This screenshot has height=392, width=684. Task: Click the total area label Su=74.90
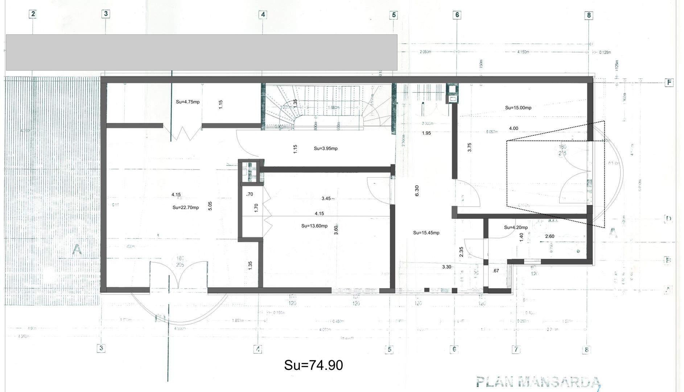(313, 365)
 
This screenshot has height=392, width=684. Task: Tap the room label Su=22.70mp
(185, 208)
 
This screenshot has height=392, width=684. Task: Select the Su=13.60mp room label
(314, 226)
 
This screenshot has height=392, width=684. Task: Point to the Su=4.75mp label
(188, 102)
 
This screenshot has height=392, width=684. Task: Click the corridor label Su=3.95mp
(326, 148)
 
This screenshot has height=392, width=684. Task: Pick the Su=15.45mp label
(426, 233)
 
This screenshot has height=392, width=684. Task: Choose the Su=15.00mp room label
(518, 108)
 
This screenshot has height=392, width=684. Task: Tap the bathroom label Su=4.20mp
(516, 228)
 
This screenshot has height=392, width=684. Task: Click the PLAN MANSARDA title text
(538, 382)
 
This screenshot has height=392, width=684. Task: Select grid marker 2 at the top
(33, 14)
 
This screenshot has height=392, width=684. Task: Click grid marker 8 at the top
(589, 15)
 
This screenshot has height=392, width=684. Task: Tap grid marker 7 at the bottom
(515, 350)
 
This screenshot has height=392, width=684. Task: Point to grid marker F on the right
(669, 83)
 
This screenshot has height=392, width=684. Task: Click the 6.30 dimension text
(417, 191)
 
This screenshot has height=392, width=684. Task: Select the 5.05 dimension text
(210, 206)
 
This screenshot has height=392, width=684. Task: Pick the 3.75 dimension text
(470, 147)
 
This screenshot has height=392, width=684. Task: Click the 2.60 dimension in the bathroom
(549, 236)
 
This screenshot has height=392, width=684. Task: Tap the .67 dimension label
(496, 271)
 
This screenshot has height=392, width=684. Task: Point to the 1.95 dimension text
(426, 133)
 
